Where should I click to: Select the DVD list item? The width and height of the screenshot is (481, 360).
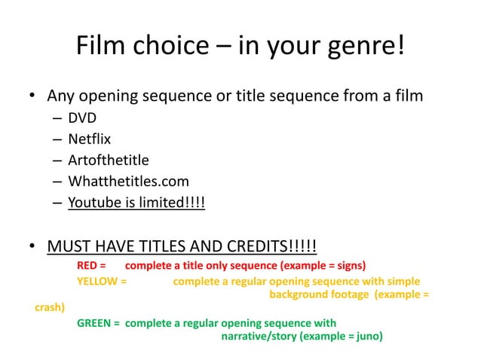pyautogui.click(x=82, y=117)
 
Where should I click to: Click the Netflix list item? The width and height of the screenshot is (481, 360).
pyautogui.click(x=89, y=139)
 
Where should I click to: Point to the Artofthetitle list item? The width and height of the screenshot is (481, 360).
pyautogui.click(x=108, y=160)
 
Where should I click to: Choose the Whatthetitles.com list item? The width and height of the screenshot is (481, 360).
pyautogui.click(x=128, y=181)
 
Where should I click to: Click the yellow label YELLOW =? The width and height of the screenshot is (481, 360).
pyautogui.click(x=101, y=282)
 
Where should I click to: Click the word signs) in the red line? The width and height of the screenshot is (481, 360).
pyautogui.click(x=349, y=266)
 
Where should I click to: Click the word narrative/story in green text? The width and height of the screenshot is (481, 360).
pyautogui.click(x=259, y=337)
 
